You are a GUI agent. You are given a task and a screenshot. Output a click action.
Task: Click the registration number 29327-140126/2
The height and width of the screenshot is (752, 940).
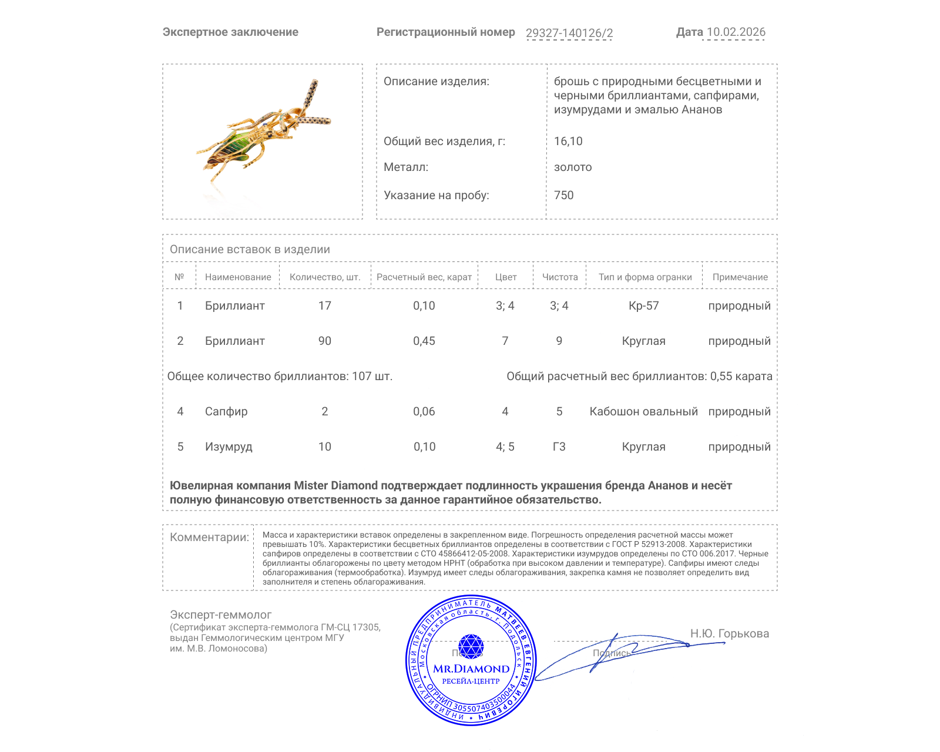pos(569,33)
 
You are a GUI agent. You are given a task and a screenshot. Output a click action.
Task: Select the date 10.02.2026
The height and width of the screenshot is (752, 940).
pos(736,32)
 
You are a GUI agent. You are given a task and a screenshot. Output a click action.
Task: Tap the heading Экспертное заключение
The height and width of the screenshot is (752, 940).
pos(230,32)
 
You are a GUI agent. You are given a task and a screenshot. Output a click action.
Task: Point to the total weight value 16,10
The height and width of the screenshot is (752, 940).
pos(568,142)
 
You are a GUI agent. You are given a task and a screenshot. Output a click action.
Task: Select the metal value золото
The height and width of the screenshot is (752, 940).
pos(573,167)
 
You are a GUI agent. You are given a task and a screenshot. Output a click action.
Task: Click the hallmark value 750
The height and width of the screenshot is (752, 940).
pos(563,196)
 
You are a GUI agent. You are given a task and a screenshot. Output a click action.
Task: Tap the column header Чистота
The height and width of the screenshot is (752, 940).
pos(560,277)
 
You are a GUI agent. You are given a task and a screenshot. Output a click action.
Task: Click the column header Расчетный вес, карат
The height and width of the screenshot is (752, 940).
pos(424,277)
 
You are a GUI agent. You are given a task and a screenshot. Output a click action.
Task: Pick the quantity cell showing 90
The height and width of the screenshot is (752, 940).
pos(325,341)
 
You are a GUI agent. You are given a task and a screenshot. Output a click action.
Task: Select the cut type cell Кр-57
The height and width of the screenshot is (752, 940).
pos(643,306)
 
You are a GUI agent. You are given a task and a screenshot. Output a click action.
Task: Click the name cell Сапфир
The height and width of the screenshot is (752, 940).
pos(226,412)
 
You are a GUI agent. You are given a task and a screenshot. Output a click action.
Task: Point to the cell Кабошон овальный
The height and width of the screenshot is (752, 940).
pos(643,412)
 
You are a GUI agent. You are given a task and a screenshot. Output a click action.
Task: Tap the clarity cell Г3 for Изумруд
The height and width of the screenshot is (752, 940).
pos(559,447)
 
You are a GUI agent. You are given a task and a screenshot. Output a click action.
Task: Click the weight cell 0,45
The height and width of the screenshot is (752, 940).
pos(424,341)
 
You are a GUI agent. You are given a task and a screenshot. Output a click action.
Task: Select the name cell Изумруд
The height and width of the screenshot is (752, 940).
pos(229,447)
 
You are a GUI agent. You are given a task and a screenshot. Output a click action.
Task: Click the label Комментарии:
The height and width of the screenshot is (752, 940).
pos(209,538)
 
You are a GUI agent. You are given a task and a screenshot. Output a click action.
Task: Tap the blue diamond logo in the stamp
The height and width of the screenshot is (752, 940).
pos(471,646)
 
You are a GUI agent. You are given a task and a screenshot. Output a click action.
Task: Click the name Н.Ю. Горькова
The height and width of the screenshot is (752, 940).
pos(729,634)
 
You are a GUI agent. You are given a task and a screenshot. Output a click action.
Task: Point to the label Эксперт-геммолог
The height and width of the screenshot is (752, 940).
pos(220,615)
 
